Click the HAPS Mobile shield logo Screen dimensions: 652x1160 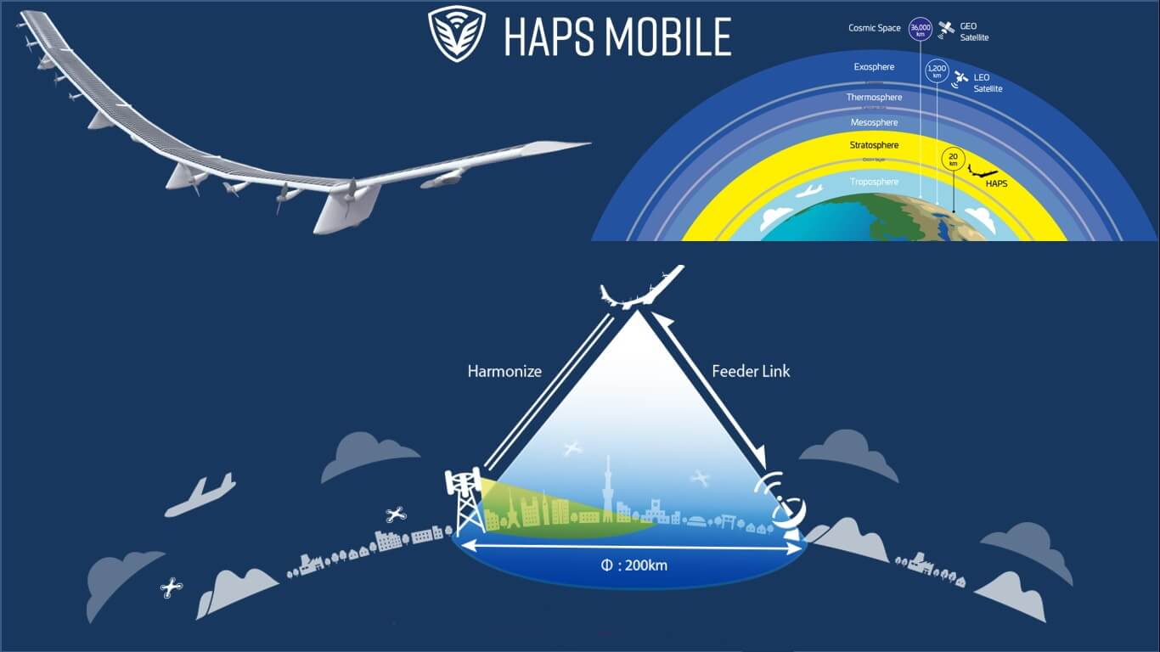pos(457,34)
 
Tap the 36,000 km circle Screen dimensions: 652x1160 pos(919,29)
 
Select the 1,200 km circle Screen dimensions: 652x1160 pos(937,71)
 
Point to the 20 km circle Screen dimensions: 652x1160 pos(954,159)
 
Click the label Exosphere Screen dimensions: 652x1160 pos(874,66)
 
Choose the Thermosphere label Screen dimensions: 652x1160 pos(874,97)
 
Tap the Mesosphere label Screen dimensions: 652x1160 pos(874,122)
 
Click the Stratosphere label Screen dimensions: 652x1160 pos(874,145)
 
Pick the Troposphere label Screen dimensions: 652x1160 pos(874,182)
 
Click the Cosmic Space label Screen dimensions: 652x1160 pos(874,28)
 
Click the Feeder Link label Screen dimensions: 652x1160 pos(751,371)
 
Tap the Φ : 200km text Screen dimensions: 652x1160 pos(633,564)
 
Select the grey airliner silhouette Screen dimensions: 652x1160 pos(200,495)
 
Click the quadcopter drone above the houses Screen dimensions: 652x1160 pos(395,514)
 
